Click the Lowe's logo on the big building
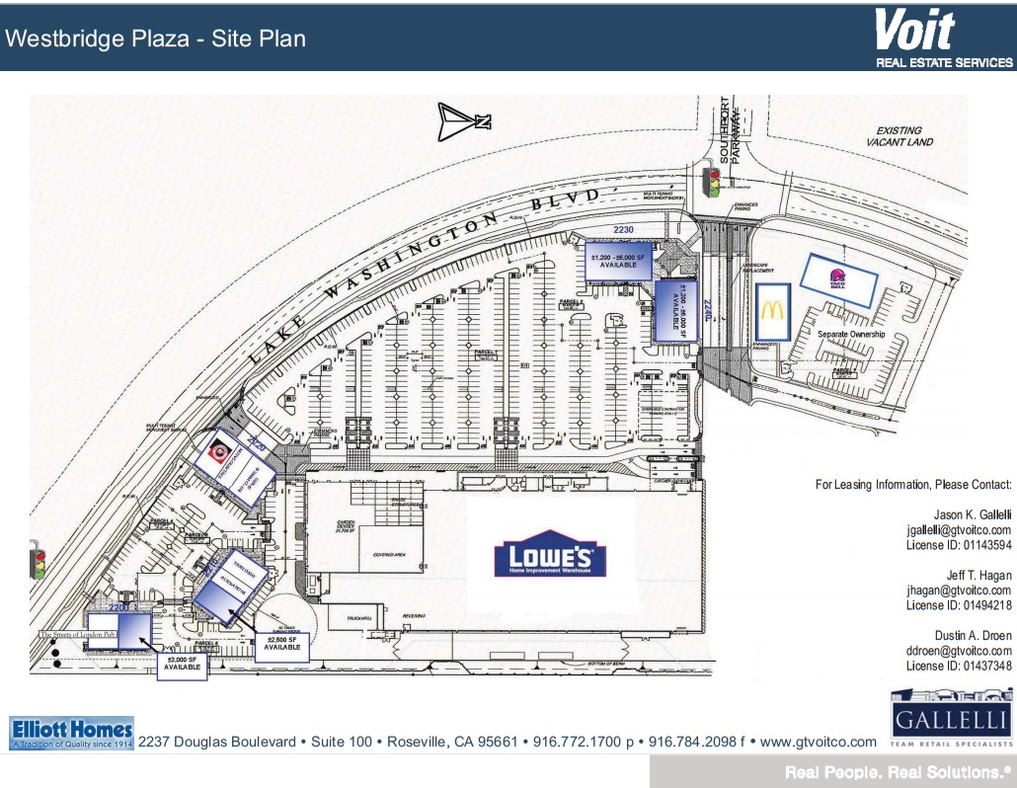pos(550,559)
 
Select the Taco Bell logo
pos(838,279)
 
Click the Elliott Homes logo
pos(71,733)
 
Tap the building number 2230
pos(622,229)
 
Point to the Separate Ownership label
pos(850,335)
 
